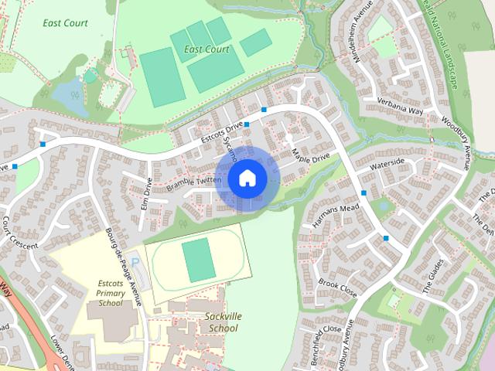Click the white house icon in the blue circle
pos(247,179)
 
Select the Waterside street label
pos(387,165)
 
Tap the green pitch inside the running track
pos(198,260)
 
